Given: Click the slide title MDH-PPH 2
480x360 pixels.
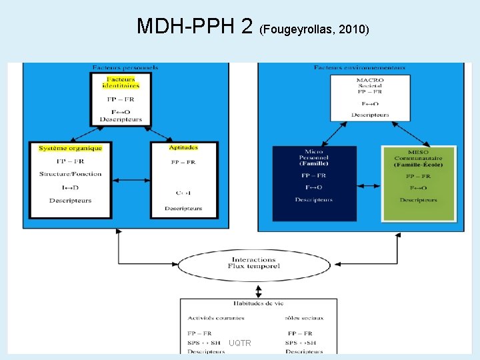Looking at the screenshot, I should [x=194, y=26].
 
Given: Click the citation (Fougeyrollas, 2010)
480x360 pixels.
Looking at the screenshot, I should [x=314, y=29].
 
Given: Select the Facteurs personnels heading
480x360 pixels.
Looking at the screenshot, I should [x=125, y=67].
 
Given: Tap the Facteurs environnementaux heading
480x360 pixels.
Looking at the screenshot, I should [x=360, y=67].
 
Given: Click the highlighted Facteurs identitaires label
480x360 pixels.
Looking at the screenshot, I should [x=121, y=83].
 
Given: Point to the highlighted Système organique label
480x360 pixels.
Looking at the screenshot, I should [x=71, y=147].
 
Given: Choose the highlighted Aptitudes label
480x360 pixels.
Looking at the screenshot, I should [x=183, y=147].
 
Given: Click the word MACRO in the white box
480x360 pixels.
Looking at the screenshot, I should [x=370, y=80].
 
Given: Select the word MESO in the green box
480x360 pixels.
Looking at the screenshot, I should [x=418, y=153].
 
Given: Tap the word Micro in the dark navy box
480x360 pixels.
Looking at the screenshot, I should [x=314, y=152].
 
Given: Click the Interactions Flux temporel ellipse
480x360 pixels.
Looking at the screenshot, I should [x=253, y=263].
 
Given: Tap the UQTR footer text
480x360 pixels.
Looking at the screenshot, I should [x=239, y=343].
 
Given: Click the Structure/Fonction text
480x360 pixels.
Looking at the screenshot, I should [x=70, y=174].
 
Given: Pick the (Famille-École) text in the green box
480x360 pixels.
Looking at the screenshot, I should [x=418, y=165].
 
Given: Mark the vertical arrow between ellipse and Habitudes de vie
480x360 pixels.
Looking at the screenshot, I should [x=259, y=291].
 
